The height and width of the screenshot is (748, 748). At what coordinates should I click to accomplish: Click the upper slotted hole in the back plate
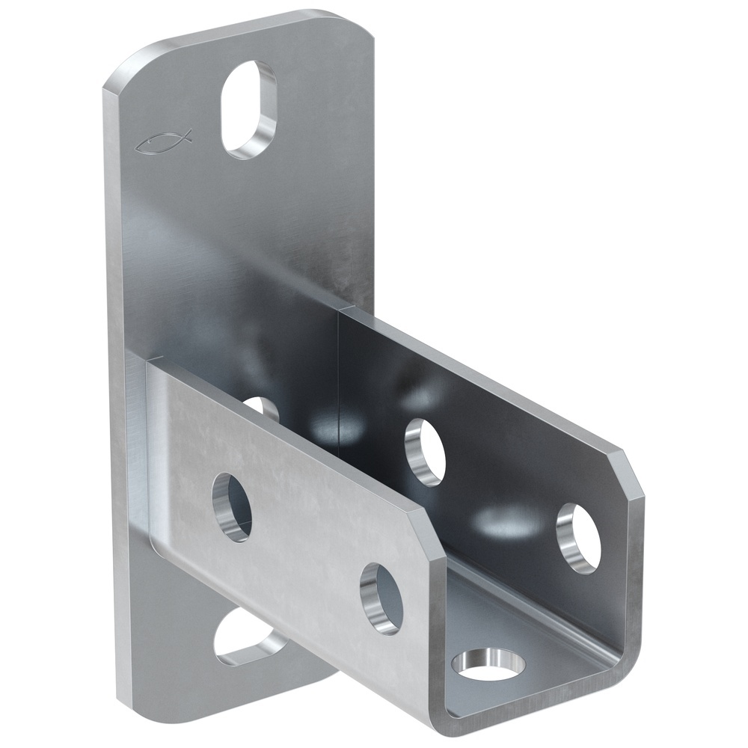pyautogui.click(x=248, y=109)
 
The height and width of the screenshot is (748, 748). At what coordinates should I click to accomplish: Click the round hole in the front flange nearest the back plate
pyautogui.click(x=231, y=506)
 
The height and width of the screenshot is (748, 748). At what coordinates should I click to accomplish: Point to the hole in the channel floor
pyautogui.click(x=489, y=664)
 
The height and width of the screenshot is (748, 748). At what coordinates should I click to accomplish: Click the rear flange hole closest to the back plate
pyautogui.click(x=425, y=452)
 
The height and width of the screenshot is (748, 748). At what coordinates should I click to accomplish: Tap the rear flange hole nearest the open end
pyautogui.click(x=578, y=538)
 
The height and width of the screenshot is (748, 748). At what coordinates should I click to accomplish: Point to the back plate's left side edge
pyautogui.click(x=112, y=374)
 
